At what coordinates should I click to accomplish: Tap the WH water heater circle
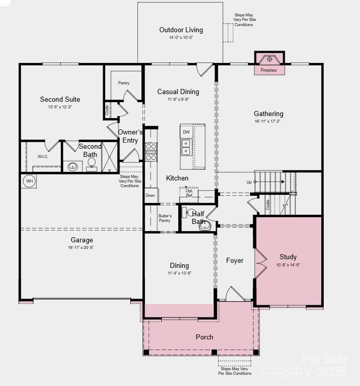(29, 181)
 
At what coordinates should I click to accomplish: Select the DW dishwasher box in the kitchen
(186, 132)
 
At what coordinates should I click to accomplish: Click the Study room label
(288, 257)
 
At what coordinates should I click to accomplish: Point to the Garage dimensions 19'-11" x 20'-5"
(82, 247)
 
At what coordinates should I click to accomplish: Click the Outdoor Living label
(181, 30)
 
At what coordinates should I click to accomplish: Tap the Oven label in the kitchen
(150, 195)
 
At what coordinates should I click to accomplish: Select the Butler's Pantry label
(164, 218)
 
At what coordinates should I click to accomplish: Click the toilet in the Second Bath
(92, 164)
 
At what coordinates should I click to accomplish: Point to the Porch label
(204, 337)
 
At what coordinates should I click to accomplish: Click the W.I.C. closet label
(43, 156)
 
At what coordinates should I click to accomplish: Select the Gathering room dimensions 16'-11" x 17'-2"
(268, 122)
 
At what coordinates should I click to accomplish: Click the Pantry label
(124, 83)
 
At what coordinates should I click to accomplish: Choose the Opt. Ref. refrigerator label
(189, 193)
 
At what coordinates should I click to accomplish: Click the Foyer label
(234, 260)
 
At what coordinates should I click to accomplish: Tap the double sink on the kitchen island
(186, 147)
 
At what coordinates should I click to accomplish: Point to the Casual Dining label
(178, 92)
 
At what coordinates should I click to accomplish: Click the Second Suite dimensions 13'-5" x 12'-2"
(60, 107)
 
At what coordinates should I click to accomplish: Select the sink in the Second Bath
(74, 166)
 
